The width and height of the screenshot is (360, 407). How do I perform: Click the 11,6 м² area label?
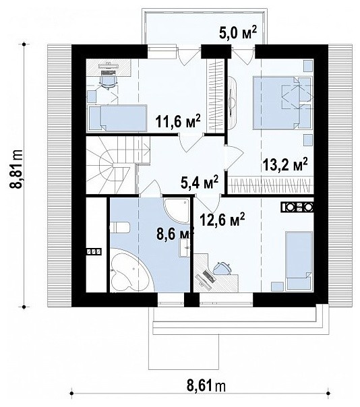tap(178, 121)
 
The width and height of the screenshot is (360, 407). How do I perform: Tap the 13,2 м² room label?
tap(285, 164)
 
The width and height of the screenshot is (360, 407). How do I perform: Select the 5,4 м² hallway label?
tap(200, 182)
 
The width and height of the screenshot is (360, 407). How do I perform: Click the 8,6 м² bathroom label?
tap(175, 234)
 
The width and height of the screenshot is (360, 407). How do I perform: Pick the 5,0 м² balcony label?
tap(238, 33)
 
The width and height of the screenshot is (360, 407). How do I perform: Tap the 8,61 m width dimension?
tap(206, 387)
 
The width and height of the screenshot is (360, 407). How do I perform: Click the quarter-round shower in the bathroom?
tap(176, 210)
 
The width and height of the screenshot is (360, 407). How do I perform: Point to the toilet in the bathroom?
tap(120, 227)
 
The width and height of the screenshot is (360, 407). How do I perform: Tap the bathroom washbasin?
tap(185, 248)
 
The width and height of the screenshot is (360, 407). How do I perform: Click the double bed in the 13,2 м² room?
tap(282, 102)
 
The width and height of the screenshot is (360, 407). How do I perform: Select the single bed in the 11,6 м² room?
tap(118, 118)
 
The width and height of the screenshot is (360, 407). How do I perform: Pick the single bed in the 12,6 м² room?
tap(299, 261)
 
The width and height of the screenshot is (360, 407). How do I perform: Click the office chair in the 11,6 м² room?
tap(109, 80)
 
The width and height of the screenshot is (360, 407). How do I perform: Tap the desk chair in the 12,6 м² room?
tap(222, 268)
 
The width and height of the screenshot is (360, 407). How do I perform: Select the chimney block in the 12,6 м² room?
tap(297, 207)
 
